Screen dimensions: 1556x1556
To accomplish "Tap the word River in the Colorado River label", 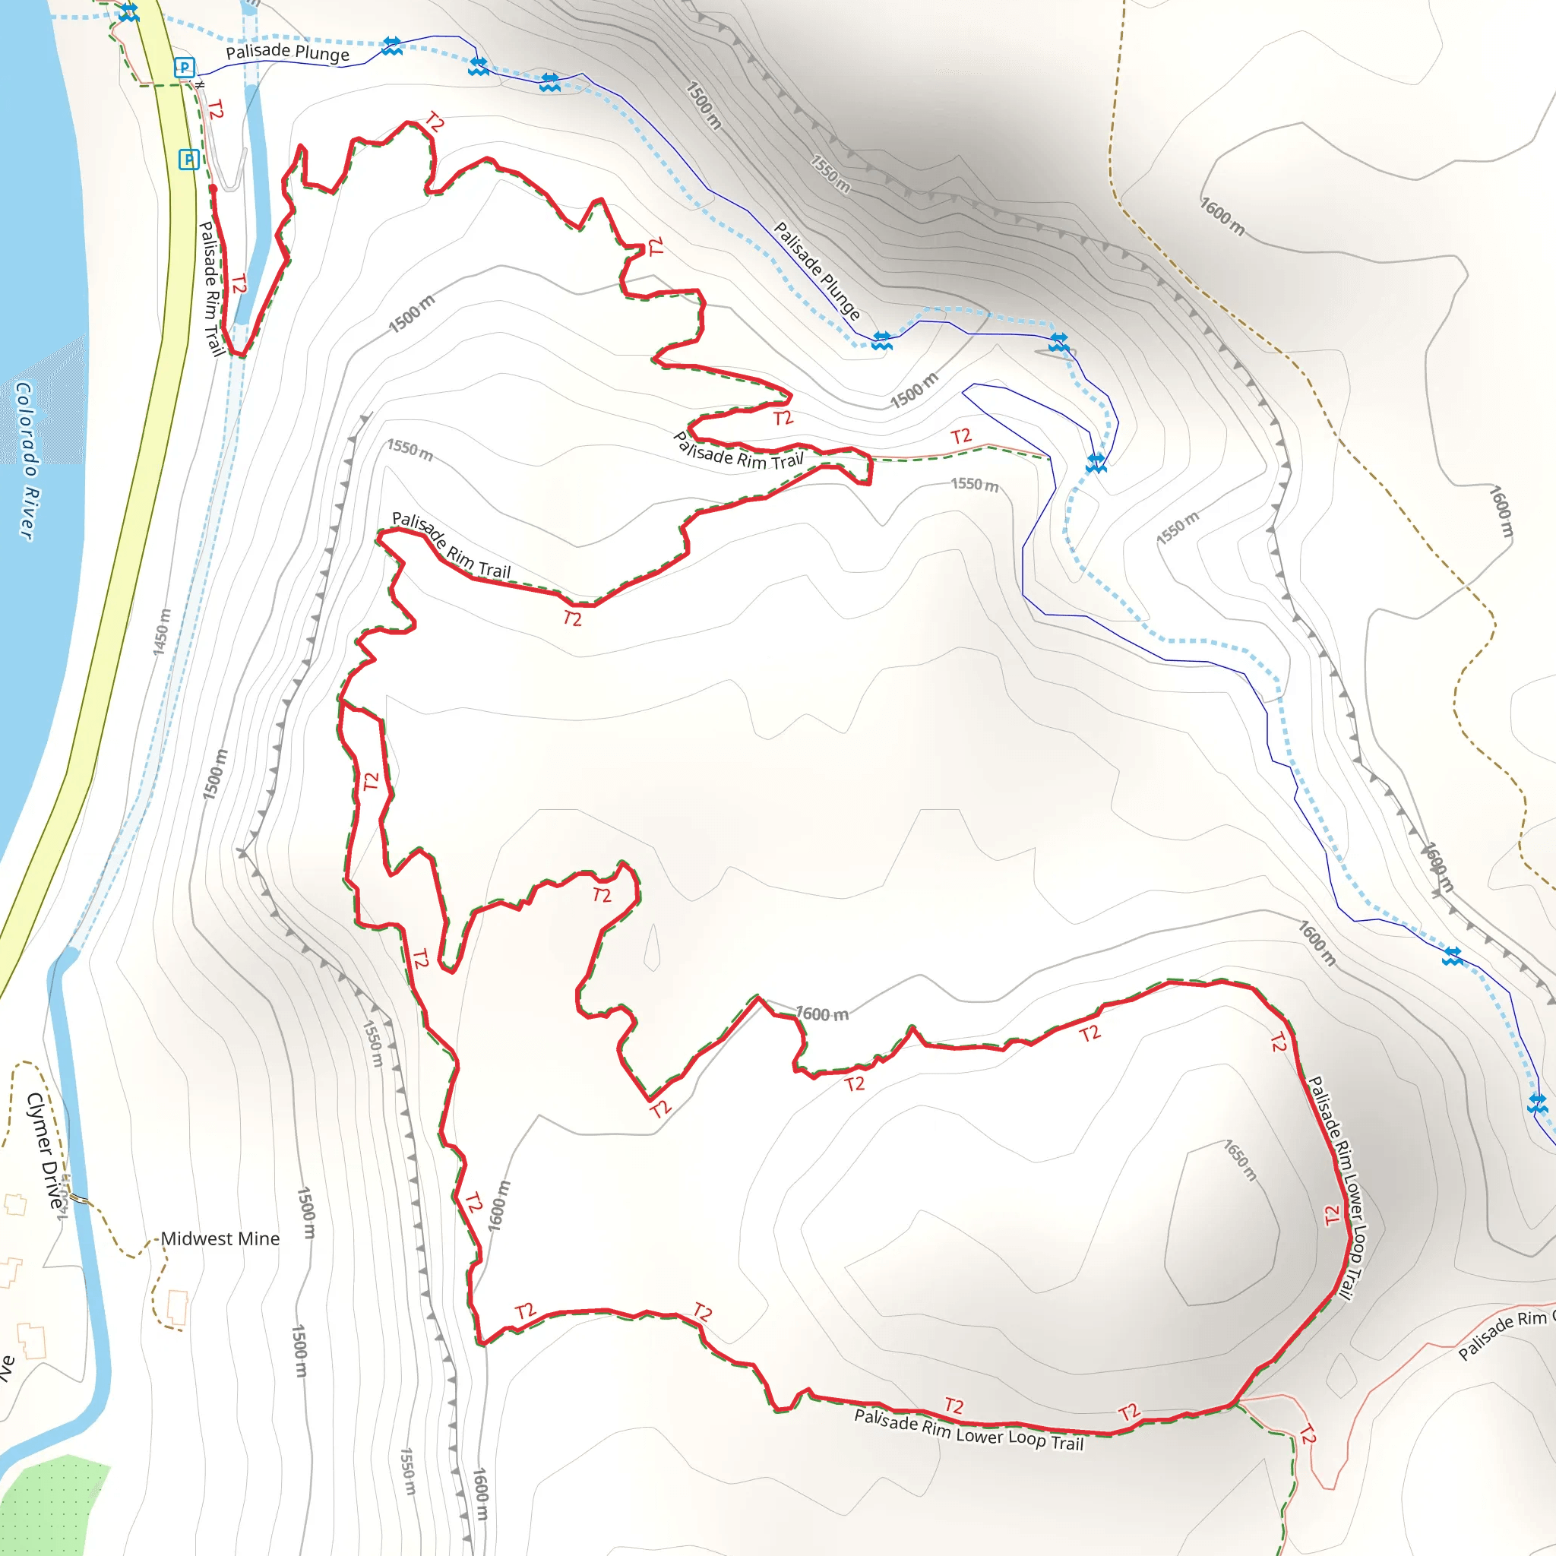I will point(27,513).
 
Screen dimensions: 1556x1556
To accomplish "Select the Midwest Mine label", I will point(220,1238).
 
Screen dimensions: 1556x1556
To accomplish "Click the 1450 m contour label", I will point(162,632).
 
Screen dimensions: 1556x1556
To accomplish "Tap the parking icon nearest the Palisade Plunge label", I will point(185,68).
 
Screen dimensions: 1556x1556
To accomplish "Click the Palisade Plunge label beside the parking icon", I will point(287,53).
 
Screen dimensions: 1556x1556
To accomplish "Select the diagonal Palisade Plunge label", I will point(817,270).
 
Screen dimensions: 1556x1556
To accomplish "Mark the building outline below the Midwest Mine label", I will point(177,1307).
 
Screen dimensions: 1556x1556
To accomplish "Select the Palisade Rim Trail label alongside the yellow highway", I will point(211,288).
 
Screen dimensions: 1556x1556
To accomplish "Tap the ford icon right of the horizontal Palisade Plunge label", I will point(391,46).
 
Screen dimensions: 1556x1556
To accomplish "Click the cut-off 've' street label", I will point(6,1367).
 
